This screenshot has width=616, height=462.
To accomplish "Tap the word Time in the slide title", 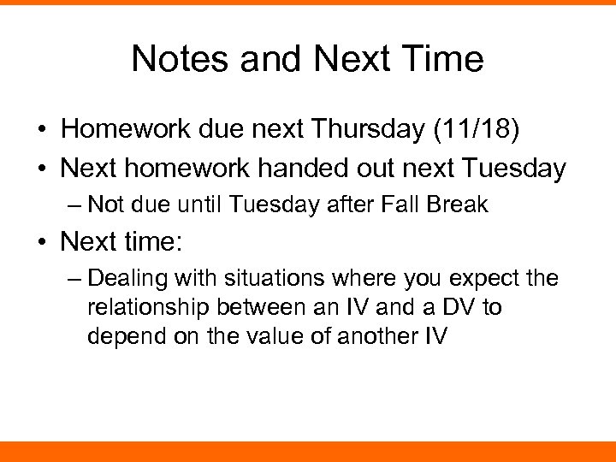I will pyautogui.click(x=446, y=59).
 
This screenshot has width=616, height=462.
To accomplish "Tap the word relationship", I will pyautogui.click(x=143, y=307).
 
